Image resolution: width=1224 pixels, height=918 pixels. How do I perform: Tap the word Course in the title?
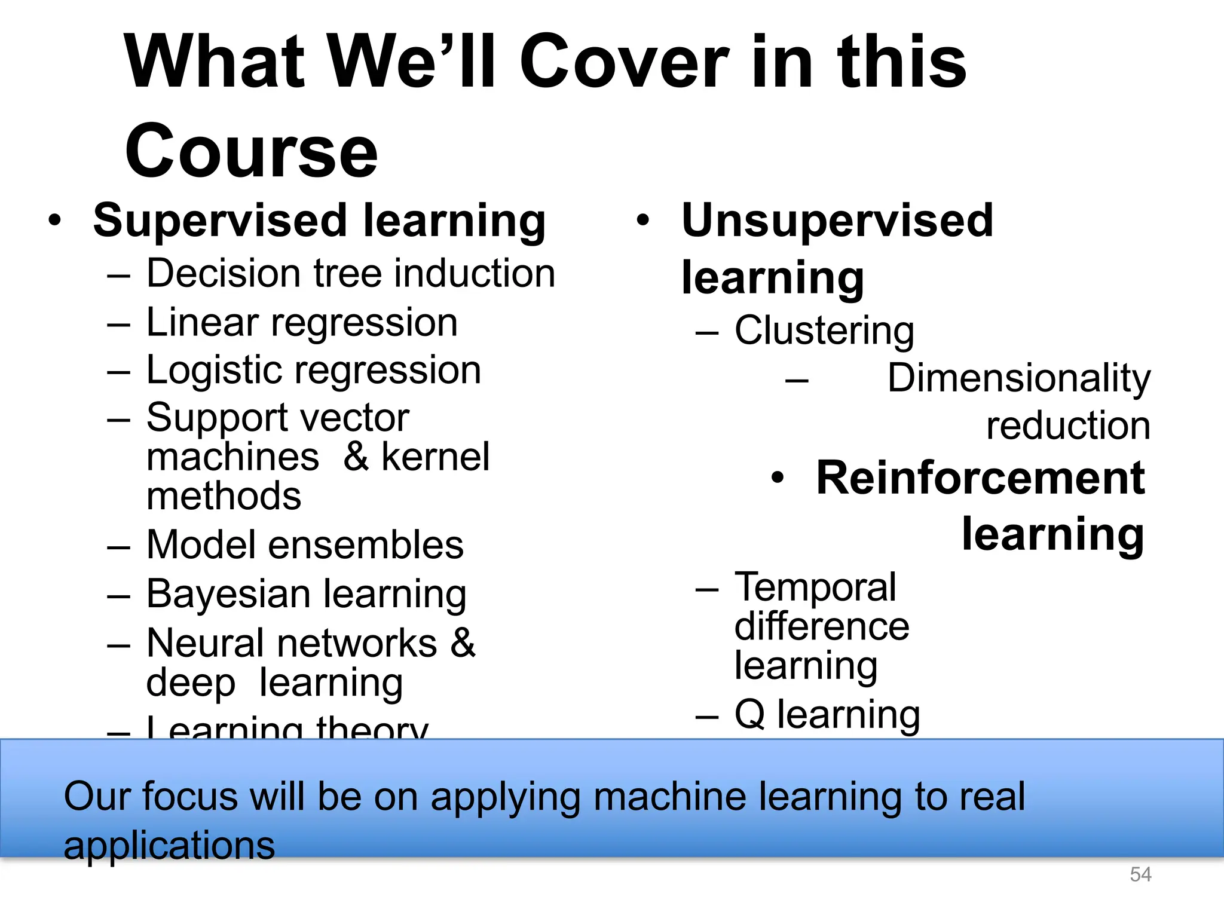[251, 151]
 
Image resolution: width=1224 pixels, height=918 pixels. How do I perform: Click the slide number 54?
[1140, 874]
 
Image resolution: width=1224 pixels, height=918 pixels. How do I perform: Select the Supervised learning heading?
[319, 221]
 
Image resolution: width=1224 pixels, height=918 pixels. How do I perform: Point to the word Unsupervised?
[837, 221]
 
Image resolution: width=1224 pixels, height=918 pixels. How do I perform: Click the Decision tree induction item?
[351, 274]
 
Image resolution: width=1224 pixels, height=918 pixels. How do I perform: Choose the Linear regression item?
[302, 323]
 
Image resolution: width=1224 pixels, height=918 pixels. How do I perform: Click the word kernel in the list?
[435, 457]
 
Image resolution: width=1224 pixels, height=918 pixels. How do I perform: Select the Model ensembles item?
[305, 545]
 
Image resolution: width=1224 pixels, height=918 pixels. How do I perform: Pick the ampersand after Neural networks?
[463, 643]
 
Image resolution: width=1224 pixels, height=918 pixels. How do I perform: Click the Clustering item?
[824, 331]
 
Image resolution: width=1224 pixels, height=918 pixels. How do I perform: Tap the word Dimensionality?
[1018, 378]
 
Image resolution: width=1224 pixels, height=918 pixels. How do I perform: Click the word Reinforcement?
[980, 478]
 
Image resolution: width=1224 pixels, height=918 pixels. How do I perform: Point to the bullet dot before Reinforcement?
[777, 479]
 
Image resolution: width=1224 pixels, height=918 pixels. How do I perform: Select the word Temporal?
[815, 587]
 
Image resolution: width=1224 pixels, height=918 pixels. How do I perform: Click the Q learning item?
[827, 715]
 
